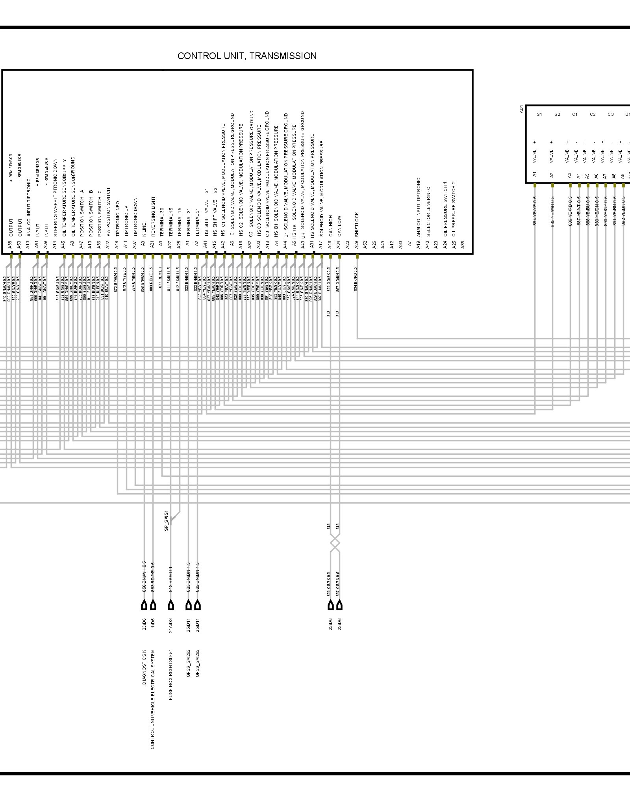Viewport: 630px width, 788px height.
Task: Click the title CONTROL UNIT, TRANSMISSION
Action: [247, 56]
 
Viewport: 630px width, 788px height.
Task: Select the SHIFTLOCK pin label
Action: [357, 224]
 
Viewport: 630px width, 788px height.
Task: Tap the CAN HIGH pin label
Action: [330, 225]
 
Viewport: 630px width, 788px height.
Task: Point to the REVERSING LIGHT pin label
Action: [153, 216]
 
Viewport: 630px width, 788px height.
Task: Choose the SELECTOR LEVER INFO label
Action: [428, 212]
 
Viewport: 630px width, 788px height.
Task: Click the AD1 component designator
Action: [522, 109]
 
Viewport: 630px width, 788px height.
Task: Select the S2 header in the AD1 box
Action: [557, 115]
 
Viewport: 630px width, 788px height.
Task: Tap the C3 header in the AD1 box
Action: [610, 115]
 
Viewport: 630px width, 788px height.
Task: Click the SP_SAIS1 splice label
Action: [166, 521]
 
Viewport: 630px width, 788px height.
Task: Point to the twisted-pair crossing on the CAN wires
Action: [335, 544]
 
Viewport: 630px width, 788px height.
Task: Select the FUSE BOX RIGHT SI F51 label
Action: [171, 674]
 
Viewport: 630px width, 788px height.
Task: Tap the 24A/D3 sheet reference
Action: [171, 624]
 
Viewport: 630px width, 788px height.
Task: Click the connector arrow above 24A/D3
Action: [171, 605]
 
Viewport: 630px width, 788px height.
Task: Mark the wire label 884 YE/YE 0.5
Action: [535, 211]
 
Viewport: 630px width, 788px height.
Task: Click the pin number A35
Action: [463, 245]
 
